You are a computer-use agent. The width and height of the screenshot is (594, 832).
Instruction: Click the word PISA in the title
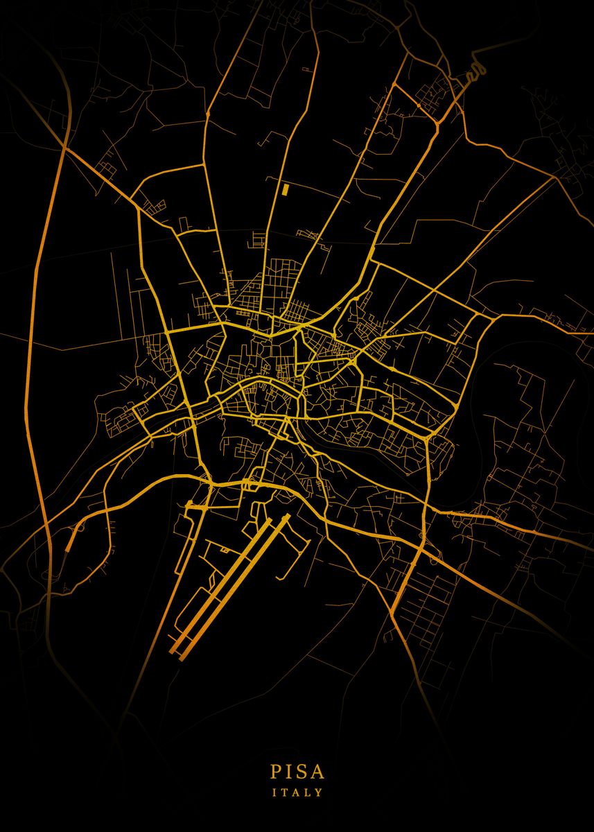(297, 771)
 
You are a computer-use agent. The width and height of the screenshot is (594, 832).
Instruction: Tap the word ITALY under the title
(297, 792)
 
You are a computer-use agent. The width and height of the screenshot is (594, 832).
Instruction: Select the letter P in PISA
(276, 771)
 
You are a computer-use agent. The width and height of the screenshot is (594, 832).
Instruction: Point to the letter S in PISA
(300, 771)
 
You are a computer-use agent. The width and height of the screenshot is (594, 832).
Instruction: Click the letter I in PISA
(288, 771)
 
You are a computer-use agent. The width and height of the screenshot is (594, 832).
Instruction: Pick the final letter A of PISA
(317, 771)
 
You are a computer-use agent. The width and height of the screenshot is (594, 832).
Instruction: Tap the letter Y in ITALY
(319, 792)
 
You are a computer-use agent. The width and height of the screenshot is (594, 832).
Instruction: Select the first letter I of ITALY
(274, 792)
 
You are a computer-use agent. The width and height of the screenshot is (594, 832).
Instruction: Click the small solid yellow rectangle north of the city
(284, 189)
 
